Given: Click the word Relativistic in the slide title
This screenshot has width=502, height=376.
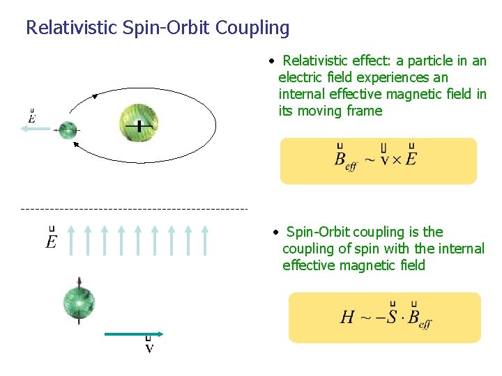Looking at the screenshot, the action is click(x=67, y=28).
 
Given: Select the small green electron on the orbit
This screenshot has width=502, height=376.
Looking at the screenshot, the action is click(x=68, y=129).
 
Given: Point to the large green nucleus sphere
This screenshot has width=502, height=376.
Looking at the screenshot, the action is click(x=139, y=123).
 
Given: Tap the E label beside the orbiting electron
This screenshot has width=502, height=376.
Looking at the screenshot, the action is click(x=32, y=116).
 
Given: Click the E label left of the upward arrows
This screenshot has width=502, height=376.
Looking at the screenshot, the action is click(x=52, y=240).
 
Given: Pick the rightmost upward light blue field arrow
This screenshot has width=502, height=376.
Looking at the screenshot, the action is click(x=205, y=240).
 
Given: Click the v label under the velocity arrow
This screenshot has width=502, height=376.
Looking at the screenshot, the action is click(x=149, y=346).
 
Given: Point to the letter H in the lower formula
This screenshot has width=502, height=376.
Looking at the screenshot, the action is click(x=347, y=318).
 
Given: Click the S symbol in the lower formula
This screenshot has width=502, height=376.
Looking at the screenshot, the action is click(x=392, y=316).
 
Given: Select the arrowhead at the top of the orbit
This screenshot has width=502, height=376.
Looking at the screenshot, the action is click(x=96, y=95).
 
